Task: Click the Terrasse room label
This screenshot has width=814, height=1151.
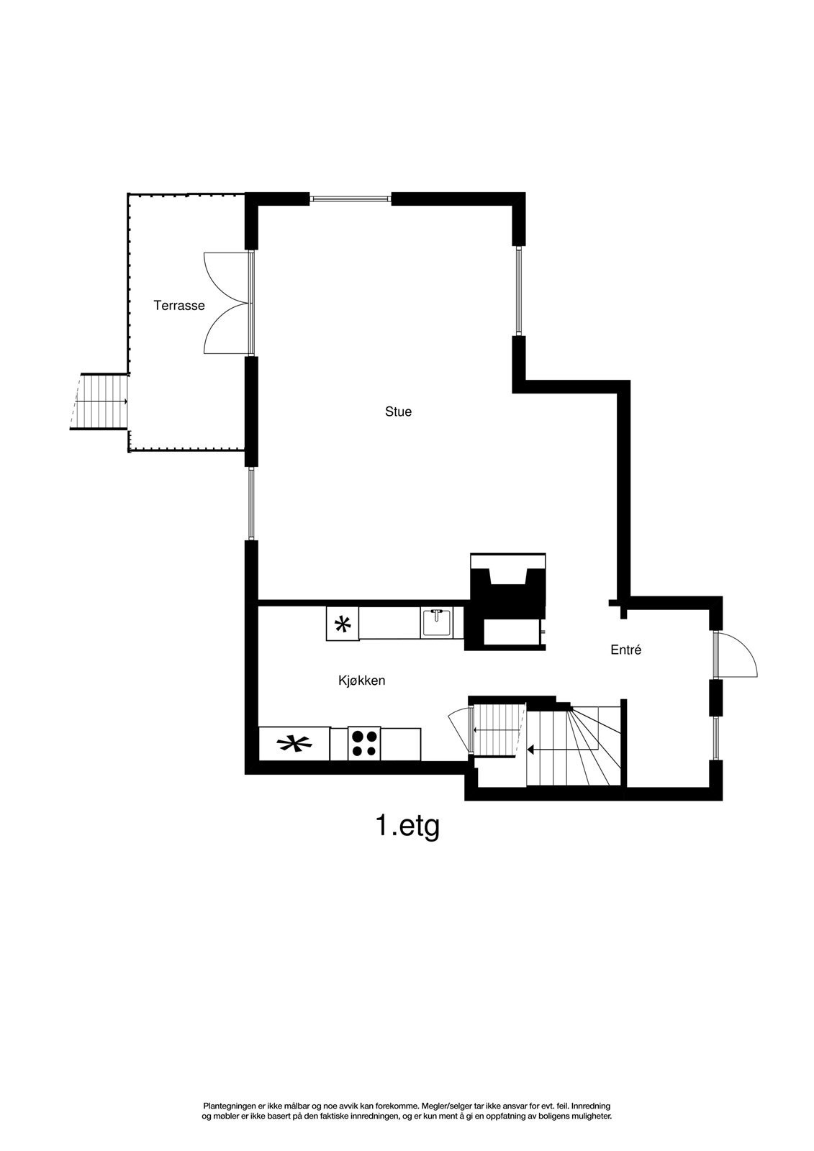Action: [x=179, y=306]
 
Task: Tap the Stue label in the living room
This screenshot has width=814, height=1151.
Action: [x=398, y=412]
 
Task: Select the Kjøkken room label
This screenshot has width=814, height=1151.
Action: [x=361, y=680]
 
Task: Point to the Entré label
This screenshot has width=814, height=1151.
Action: [x=625, y=650]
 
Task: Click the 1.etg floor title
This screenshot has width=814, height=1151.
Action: [x=407, y=826]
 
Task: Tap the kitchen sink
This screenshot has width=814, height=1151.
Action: [x=436, y=622]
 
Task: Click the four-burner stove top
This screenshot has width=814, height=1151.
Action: [x=364, y=744]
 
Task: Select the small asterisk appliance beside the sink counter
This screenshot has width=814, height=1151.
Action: [x=343, y=624]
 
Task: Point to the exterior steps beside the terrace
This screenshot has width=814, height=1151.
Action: [x=99, y=401]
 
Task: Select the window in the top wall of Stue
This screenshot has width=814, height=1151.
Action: [x=351, y=199]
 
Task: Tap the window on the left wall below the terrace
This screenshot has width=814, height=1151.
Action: [x=251, y=504]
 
